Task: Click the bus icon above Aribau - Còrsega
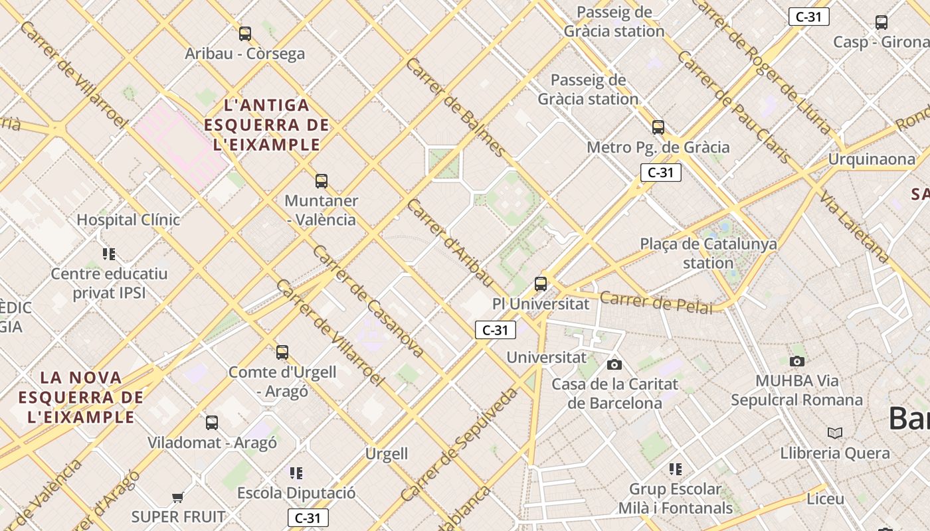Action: click(x=245, y=33)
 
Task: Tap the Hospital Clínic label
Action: click(x=128, y=220)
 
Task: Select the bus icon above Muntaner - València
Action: click(x=322, y=181)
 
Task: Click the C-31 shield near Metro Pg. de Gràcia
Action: click(x=660, y=173)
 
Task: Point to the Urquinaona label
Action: click(x=871, y=159)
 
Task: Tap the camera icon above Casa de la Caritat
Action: click(x=614, y=364)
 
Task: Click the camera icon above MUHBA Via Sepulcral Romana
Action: click(x=797, y=361)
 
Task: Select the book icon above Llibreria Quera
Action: click(x=835, y=433)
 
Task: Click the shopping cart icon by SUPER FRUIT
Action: click(x=177, y=497)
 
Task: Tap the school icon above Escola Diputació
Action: click(x=296, y=473)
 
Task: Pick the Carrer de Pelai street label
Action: click(x=656, y=303)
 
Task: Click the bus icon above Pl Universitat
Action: click(x=541, y=284)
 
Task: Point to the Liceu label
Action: click(x=825, y=498)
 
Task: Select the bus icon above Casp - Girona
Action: click(x=882, y=22)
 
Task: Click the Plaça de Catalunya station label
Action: click(x=708, y=253)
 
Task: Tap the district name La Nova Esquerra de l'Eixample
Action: click(x=80, y=397)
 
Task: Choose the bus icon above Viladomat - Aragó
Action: click(x=212, y=422)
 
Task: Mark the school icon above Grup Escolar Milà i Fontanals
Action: click(x=676, y=470)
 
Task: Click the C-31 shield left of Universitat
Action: click(x=495, y=330)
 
